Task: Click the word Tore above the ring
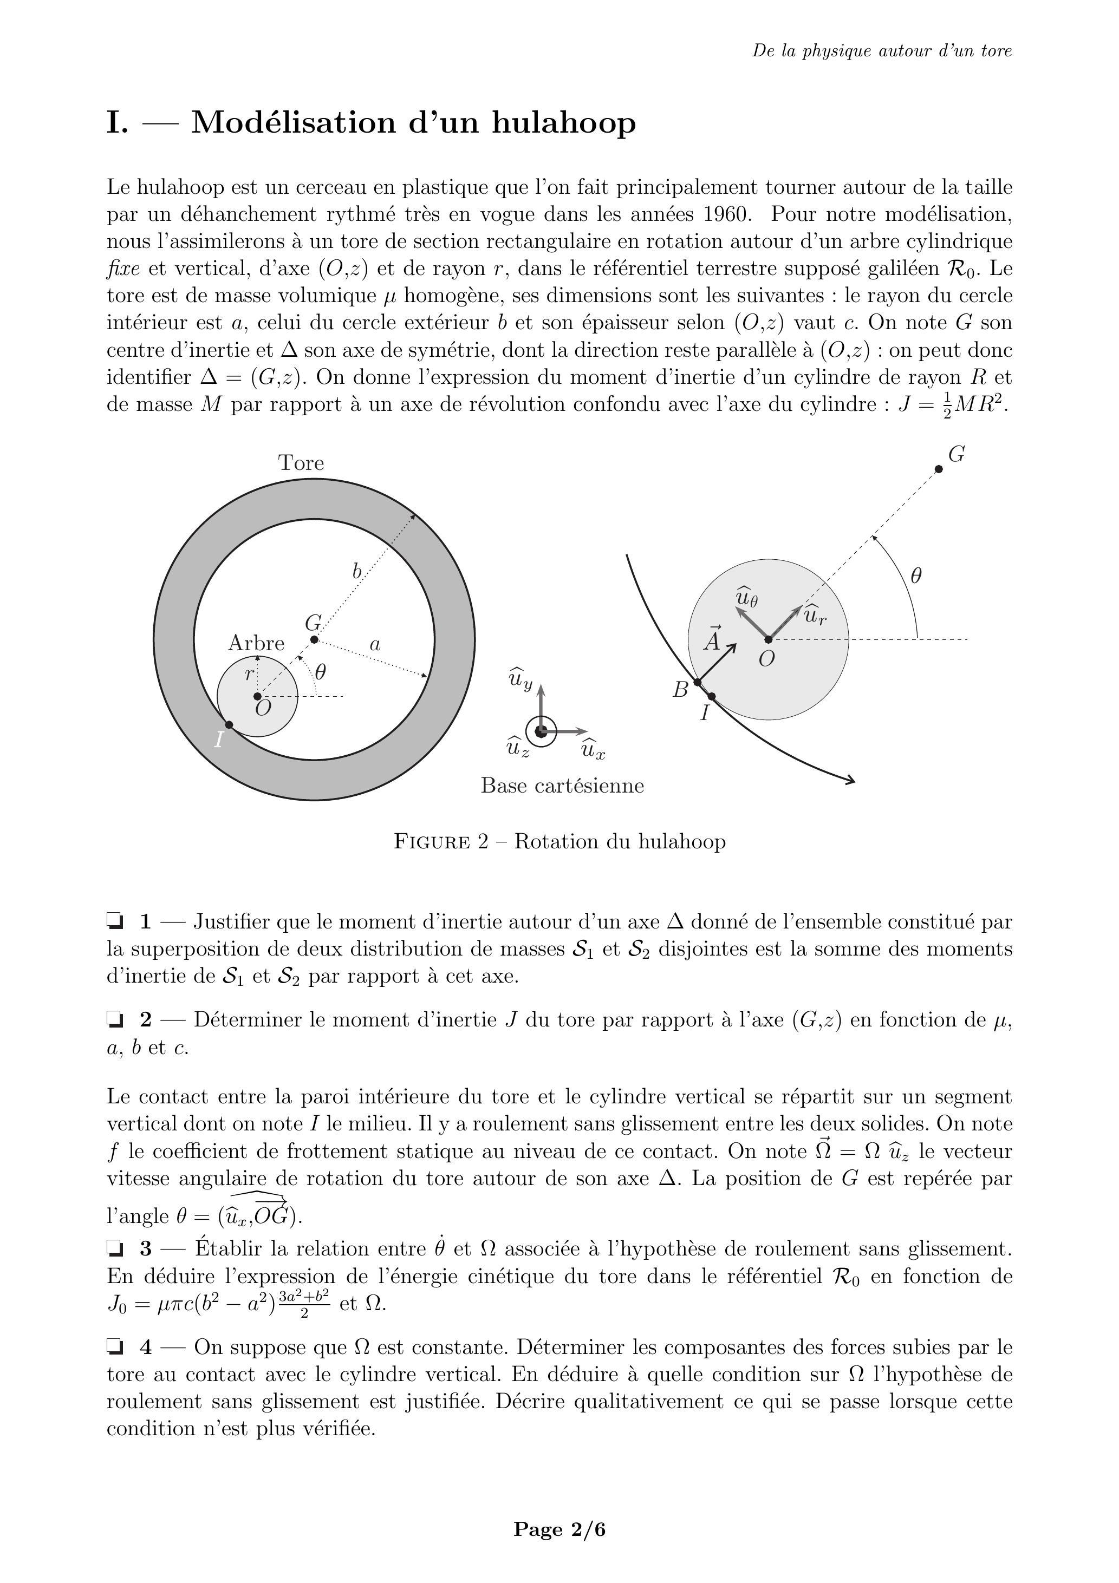[x=301, y=463]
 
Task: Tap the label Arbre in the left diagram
[x=256, y=643]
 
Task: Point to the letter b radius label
[x=357, y=572]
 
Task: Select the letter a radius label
[x=375, y=645]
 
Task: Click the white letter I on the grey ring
[x=219, y=740]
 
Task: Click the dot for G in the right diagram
[x=938, y=469]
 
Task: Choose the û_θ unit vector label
[x=746, y=597]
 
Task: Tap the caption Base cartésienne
[x=562, y=786]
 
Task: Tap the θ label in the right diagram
[x=916, y=575]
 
